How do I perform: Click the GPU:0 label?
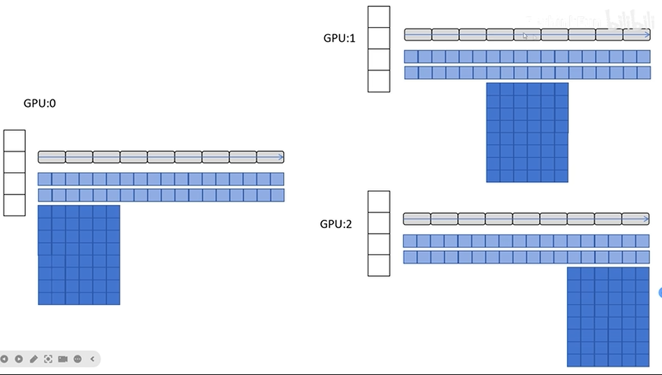coord(40,104)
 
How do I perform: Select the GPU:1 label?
coord(339,38)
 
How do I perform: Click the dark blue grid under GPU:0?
coord(79,255)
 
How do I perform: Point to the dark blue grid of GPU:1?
coord(528,132)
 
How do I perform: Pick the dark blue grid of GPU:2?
coord(608,317)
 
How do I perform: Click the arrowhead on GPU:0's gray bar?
coord(281,157)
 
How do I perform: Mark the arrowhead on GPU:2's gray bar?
coord(646,219)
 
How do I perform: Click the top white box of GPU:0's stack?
coord(15,141)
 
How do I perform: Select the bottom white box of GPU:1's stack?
coord(379,81)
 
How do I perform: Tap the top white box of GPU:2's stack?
coord(379,202)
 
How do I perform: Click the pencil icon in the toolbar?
coord(34,359)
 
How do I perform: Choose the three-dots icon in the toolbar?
coord(78,359)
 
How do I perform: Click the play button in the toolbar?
coord(19,359)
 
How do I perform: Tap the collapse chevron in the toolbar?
coord(92,359)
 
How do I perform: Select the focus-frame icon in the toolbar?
coord(48,359)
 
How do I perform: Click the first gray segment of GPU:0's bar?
coord(52,157)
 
